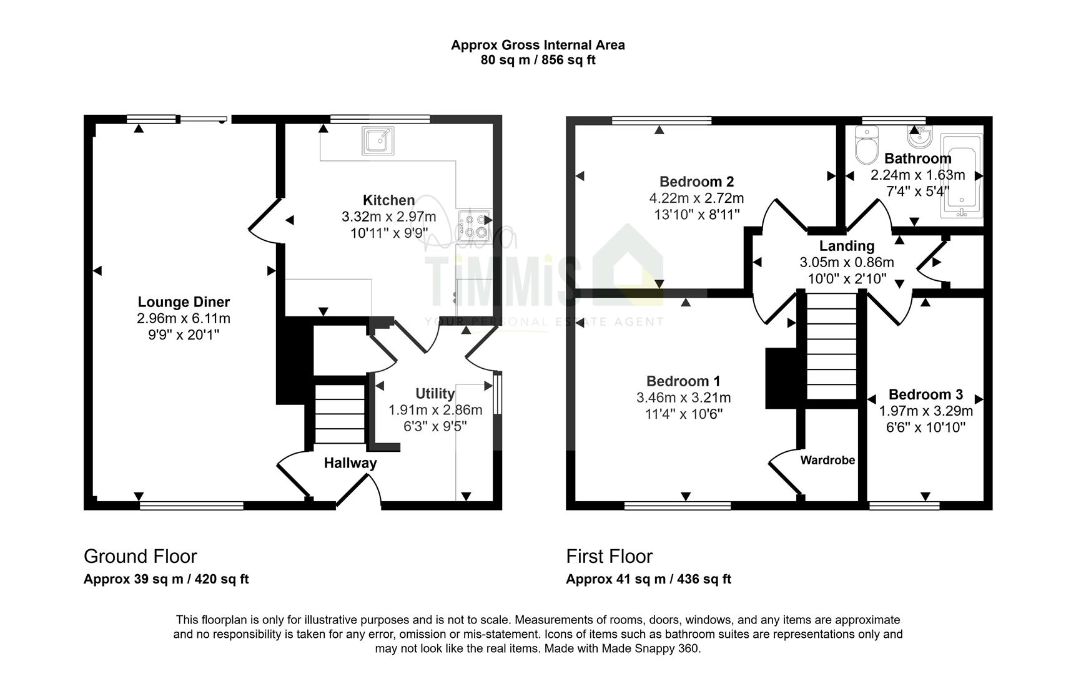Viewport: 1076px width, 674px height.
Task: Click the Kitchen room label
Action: point(388,200)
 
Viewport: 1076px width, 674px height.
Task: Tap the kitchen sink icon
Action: point(378,141)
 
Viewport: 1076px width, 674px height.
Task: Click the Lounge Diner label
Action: point(184,303)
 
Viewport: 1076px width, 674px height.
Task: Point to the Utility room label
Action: point(435,394)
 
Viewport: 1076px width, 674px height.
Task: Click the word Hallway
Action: point(350,463)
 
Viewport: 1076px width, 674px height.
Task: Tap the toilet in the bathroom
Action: point(866,145)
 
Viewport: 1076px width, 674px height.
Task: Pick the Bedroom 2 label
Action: point(696,182)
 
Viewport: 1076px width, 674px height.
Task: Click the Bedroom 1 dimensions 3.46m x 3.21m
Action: point(683,398)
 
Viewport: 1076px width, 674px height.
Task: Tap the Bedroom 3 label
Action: point(925,394)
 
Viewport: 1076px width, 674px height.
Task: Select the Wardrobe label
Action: point(827,460)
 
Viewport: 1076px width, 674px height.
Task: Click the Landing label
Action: point(847,247)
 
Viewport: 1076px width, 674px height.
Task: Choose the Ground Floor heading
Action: point(141,556)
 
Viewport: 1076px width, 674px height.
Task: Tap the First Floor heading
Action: point(610,556)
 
